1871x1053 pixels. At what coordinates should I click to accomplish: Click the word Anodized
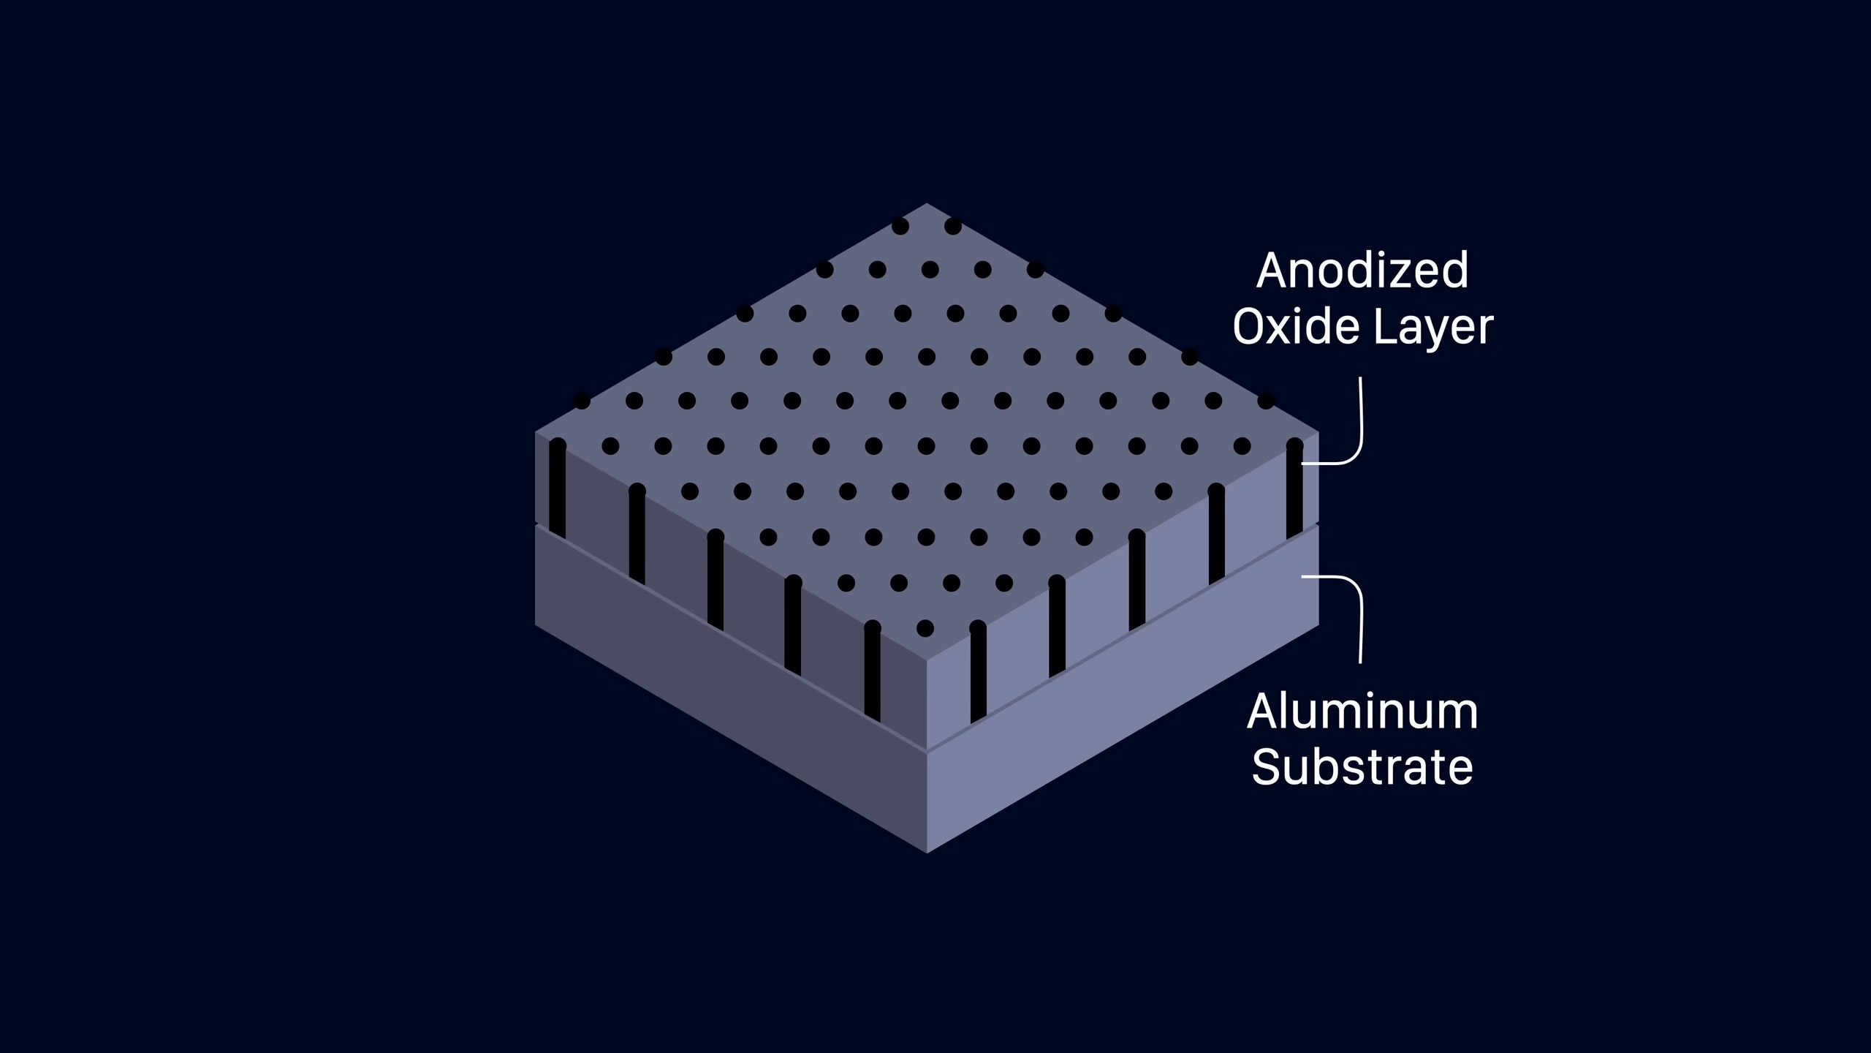(1362, 271)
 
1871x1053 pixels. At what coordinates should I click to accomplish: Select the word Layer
(1433, 328)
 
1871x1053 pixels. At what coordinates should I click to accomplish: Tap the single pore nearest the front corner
(925, 627)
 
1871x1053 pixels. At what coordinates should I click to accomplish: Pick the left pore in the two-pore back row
(900, 226)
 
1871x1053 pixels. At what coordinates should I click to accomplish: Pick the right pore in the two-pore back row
(953, 226)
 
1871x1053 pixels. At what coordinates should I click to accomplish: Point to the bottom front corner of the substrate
(927, 852)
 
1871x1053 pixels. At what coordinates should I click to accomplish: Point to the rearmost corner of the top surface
(927, 204)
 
